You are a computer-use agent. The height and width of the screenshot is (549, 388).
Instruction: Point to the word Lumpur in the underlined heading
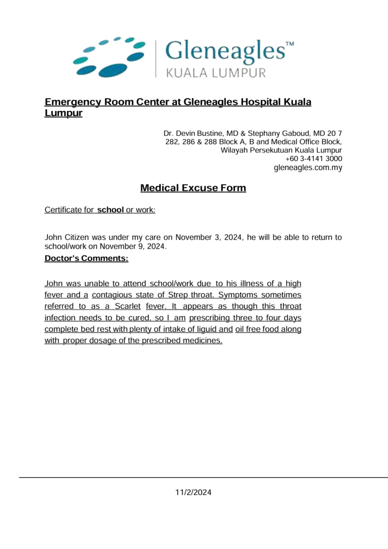(63, 113)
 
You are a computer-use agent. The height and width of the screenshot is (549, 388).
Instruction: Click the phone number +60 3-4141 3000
(314, 159)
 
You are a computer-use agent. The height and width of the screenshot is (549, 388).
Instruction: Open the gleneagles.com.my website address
(308, 167)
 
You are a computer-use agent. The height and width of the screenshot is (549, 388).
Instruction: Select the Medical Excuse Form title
(193, 188)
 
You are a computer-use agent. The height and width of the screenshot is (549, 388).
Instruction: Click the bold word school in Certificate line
(110, 209)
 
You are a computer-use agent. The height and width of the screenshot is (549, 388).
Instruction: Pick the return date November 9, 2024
(133, 247)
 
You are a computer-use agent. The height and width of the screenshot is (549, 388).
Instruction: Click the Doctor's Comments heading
(86, 258)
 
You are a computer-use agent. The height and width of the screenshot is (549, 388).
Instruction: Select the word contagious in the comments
(114, 295)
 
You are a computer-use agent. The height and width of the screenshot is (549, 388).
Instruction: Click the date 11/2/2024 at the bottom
(193, 492)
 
